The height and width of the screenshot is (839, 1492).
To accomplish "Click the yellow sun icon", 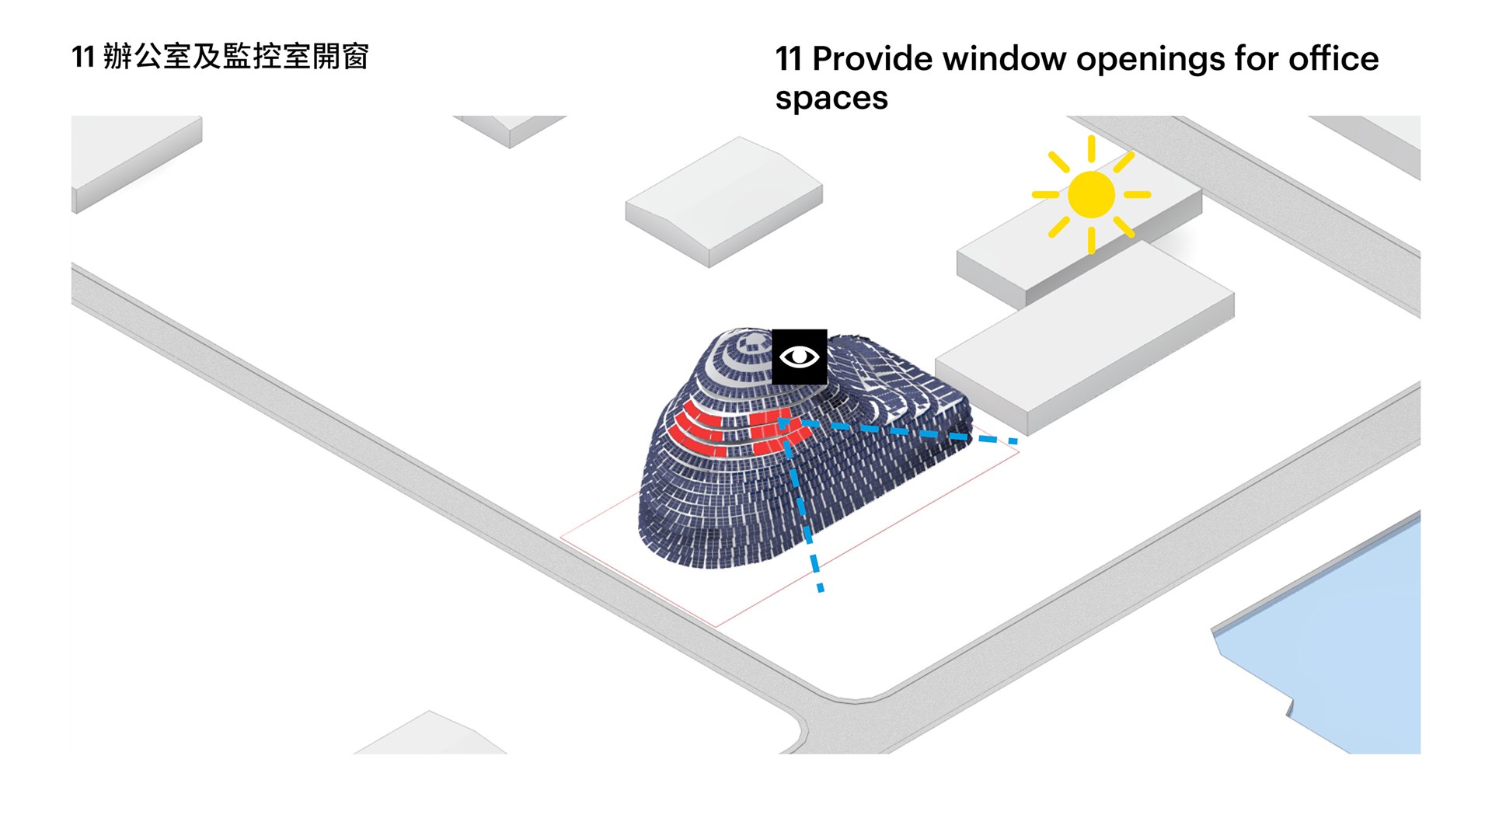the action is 1091,194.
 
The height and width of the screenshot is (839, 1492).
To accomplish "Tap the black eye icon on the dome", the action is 799,357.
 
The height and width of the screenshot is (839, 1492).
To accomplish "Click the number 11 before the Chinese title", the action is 83,57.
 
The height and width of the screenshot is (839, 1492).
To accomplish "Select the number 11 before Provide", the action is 789,59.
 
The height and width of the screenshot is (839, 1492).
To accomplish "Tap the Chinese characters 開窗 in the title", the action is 340,57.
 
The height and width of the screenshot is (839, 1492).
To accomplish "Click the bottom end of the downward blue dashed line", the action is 821,590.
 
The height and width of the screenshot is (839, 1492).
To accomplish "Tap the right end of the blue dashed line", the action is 1015,442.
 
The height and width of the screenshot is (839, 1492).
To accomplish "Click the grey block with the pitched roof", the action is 724,202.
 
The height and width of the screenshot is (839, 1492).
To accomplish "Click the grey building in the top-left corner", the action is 136,159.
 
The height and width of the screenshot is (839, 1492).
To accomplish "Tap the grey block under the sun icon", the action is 1080,245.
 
